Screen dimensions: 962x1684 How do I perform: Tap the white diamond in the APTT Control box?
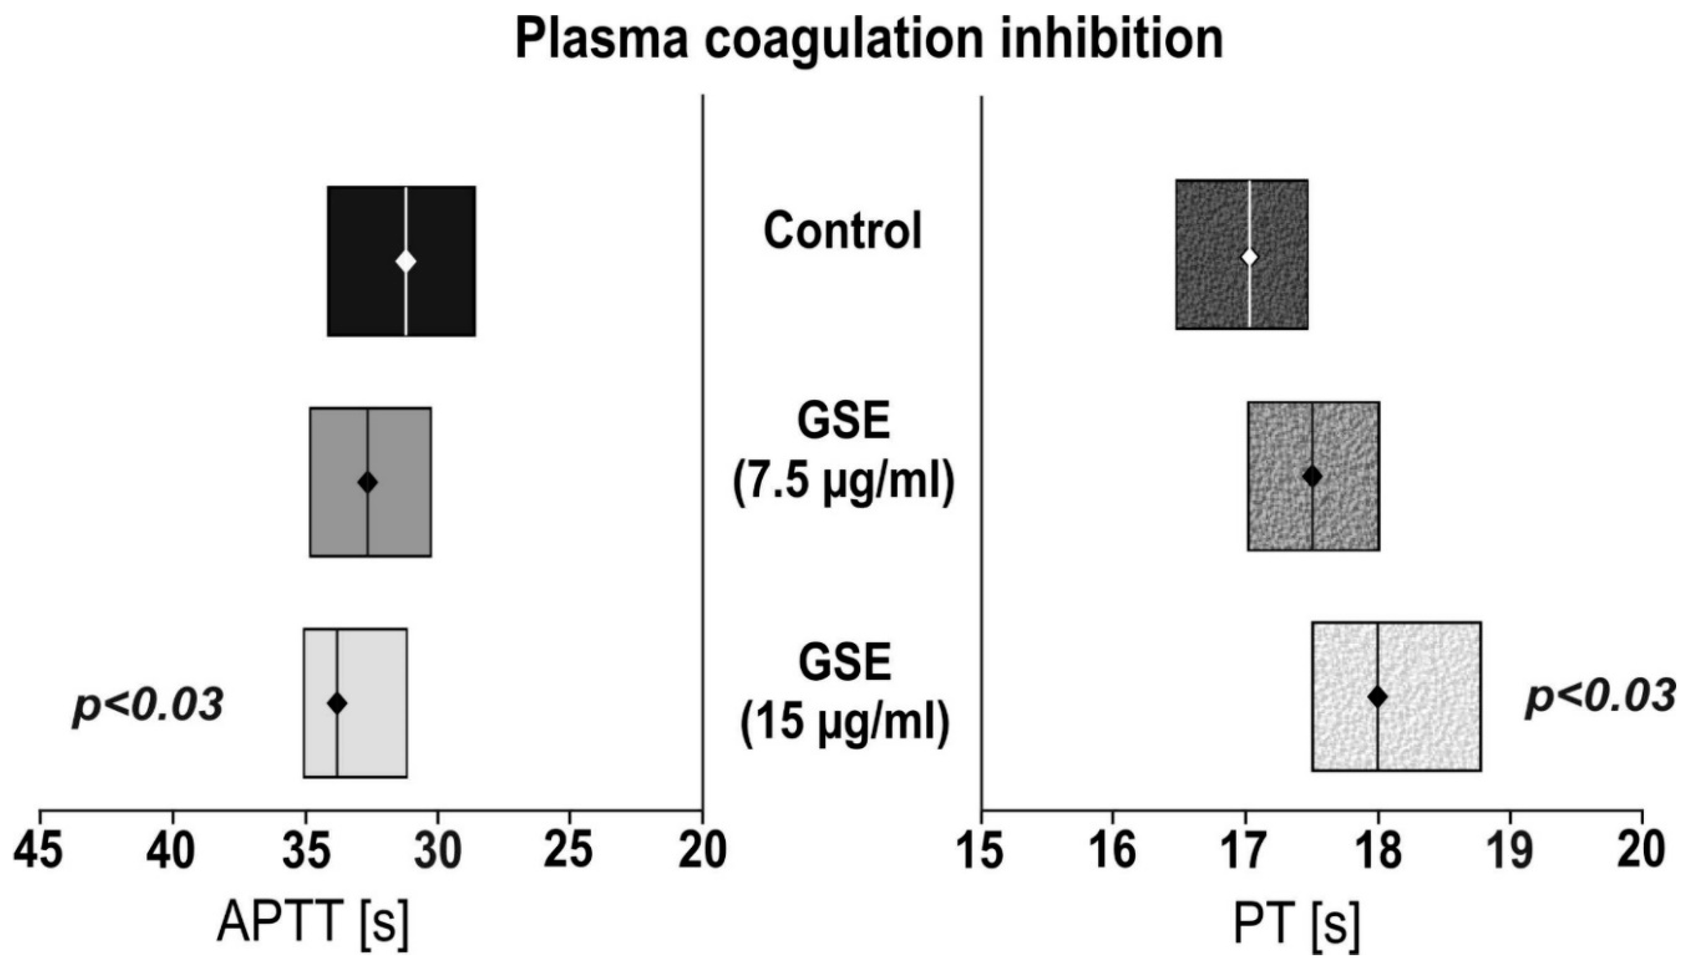(x=406, y=261)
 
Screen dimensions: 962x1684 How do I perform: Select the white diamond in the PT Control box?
(x=1249, y=257)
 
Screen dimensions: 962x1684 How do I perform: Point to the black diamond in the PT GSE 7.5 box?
(x=1312, y=475)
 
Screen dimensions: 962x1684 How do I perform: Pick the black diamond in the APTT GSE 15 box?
(x=337, y=703)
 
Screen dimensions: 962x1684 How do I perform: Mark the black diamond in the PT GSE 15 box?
(x=1377, y=697)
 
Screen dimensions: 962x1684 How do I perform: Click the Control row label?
(x=842, y=231)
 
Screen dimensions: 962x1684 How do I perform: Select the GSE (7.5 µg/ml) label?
(x=844, y=455)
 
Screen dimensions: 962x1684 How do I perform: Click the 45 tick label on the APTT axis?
(x=39, y=852)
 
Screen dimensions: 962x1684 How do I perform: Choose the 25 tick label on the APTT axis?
(x=569, y=852)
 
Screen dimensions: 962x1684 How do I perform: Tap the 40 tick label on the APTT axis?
(x=172, y=852)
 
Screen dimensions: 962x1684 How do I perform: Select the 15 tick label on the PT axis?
(x=981, y=852)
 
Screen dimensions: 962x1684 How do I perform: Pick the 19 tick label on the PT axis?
(x=1510, y=852)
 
